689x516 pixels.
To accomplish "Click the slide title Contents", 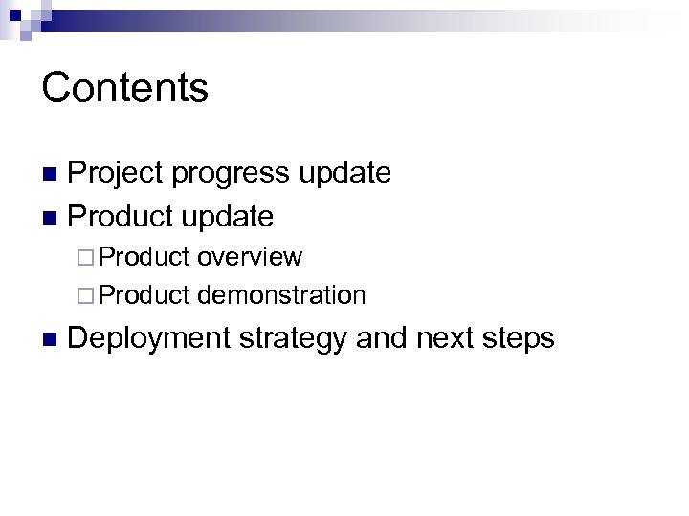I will [124, 88].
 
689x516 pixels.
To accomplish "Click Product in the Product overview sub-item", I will [145, 257].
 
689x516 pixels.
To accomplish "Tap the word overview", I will [251, 257].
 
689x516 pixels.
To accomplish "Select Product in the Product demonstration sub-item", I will [145, 295].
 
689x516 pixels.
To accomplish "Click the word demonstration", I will [282, 295].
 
